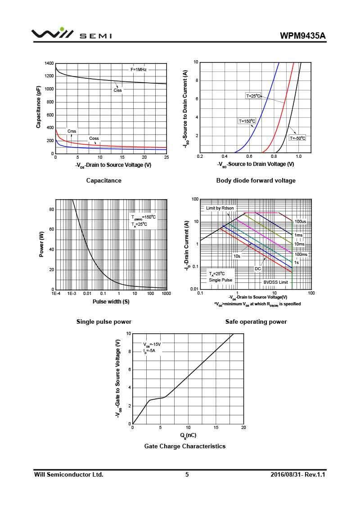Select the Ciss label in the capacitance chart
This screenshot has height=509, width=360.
coord(118,90)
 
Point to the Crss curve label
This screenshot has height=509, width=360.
coord(72,131)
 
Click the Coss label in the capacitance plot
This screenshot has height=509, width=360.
coord(94,138)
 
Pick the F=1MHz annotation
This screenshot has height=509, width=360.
coord(139,70)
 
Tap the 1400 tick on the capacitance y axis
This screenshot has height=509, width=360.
coord(49,63)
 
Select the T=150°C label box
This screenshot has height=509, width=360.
coord(247,121)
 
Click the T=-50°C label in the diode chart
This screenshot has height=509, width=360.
coord(297,138)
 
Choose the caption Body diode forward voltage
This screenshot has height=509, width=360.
coord(256,181)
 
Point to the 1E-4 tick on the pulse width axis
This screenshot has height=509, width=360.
coord(56,294)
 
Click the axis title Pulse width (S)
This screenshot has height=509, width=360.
coord(111,302)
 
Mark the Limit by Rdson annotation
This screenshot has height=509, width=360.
coord(220,208)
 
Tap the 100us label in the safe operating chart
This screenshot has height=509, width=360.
coord(301,222)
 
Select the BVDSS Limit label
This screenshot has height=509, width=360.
coord(275,282)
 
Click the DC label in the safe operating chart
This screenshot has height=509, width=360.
coord(258,269)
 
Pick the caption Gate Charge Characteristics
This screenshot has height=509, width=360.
coord(184,446)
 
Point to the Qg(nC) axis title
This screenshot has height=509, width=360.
coord(188,435)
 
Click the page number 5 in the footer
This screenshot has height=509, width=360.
coord(187,474)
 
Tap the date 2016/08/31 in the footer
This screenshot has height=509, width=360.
coord(287,474)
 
